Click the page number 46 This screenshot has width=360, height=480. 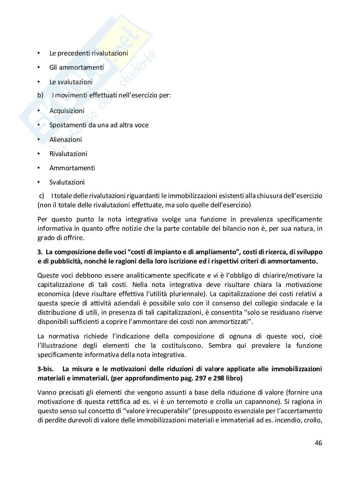point(318,443)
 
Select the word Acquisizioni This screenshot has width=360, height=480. point(67,111)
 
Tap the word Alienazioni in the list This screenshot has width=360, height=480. point(65,139)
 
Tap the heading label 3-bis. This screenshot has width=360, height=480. point(45,369)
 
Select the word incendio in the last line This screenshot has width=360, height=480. point(286,420)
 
